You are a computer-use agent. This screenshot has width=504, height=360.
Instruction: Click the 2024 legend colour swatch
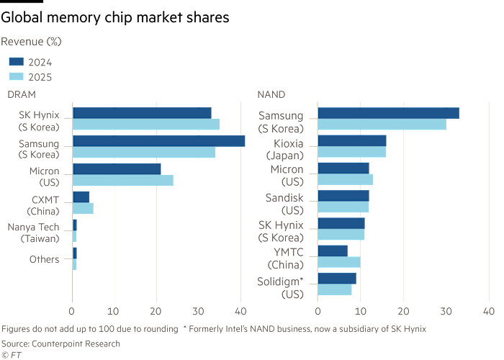pyautogui.click(x=17, y=63)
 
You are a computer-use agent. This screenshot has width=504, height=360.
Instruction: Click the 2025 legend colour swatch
pyautogui.click(x=17, y=77)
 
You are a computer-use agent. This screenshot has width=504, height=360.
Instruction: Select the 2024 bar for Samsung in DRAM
pyautogui.click(x=158, y=141)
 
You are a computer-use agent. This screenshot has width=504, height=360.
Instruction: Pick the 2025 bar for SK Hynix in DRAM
pyautogui.click(x=146, y=125)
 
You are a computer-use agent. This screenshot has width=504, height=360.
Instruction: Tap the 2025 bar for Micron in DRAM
pyautogui.click(x=123, y=180)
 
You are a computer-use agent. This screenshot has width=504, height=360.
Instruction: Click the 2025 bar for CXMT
pyautogui.click(x=83, y=208)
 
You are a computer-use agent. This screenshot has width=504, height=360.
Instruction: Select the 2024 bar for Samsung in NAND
pyautogui.click(x=388, y=113)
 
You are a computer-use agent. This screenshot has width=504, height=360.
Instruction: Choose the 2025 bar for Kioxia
pyautogui.click(x=352, y=152)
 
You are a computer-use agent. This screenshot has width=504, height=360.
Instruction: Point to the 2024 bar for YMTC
pyautogui.click(x=333, y=251)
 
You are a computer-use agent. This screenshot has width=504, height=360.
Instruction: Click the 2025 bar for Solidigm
pyautogui.click(x=335, y=290)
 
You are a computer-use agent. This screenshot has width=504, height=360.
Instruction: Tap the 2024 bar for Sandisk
pyautogui.click(x=343, y=195)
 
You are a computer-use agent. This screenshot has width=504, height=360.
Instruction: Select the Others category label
pyautogui.click(x=45, y=259)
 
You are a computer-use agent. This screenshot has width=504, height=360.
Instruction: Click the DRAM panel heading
pyautogui.click(x=21, y=94)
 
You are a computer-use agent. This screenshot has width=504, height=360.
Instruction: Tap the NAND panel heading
pyautogui.click(x=271, y=94)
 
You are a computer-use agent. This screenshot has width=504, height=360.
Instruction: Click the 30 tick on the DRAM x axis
pyautogui.click(x=199, y=311)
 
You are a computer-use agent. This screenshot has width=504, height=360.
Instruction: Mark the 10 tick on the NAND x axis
pyautogui.click(x=361, y=311)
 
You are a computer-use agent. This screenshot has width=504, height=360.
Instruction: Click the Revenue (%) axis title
pyautogui.click(x=33, y=42)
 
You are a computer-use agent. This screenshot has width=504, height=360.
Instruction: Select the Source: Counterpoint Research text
pyautogui.click(x=60, y=343)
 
